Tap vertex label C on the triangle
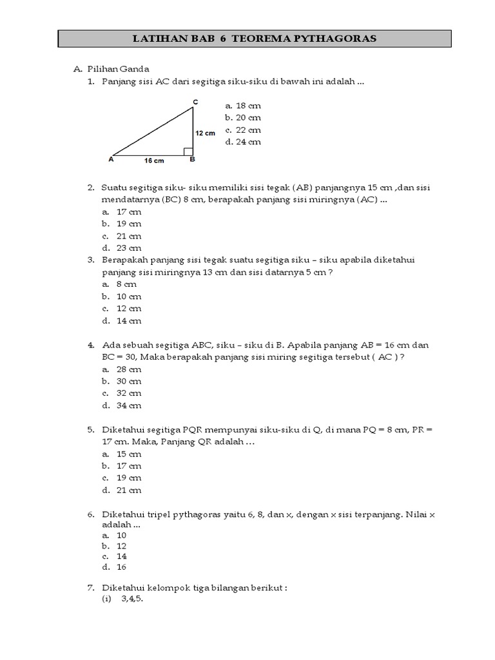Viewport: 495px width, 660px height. pos(195,102)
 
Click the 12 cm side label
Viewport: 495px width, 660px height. pos(206,133)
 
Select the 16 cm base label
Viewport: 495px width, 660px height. pos(153,160)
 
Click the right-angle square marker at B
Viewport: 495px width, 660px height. pos(188,151)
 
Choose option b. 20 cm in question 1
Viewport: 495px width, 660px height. pos(243,118)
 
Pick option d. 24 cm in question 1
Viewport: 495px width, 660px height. pos(243,142)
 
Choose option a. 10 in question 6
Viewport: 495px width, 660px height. pos(116,536)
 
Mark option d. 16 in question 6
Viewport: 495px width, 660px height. pos(116,567)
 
